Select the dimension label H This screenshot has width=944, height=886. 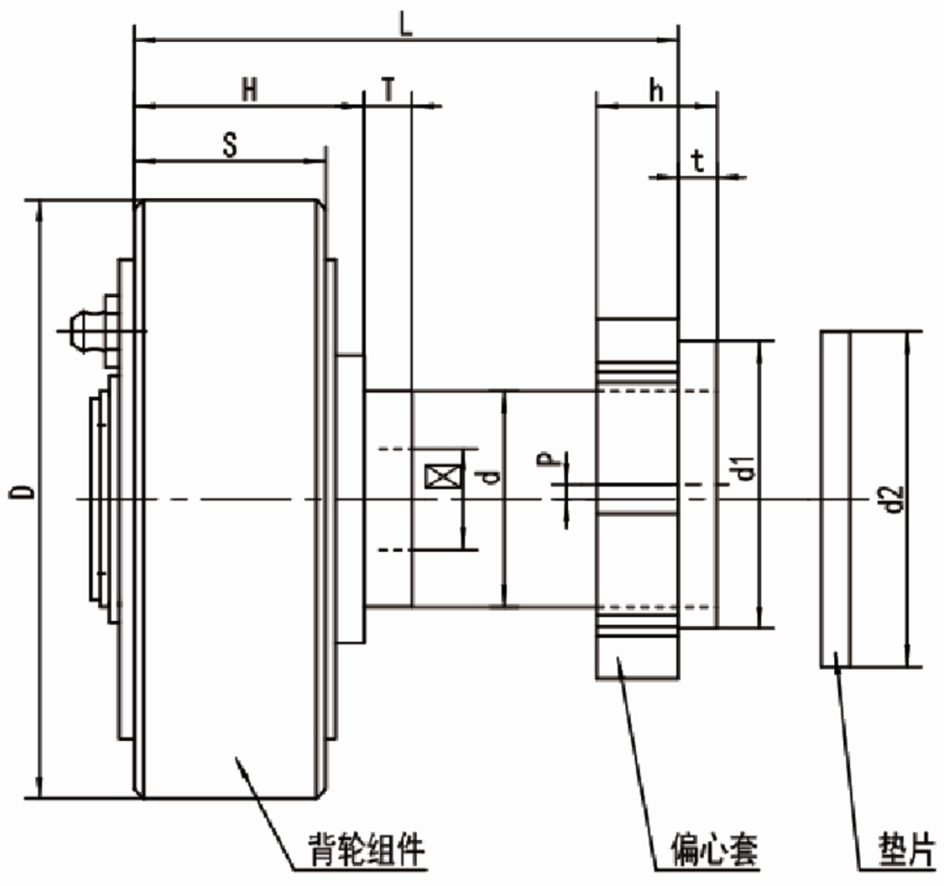(249, 90)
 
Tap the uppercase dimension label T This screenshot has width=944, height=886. (388, 90)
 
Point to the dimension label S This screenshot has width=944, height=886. (231, 145)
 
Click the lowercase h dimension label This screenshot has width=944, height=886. (655, 90)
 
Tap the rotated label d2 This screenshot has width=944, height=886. (894, 499)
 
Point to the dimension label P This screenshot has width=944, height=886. (550, 459)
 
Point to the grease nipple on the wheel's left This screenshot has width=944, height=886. (84, 329)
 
